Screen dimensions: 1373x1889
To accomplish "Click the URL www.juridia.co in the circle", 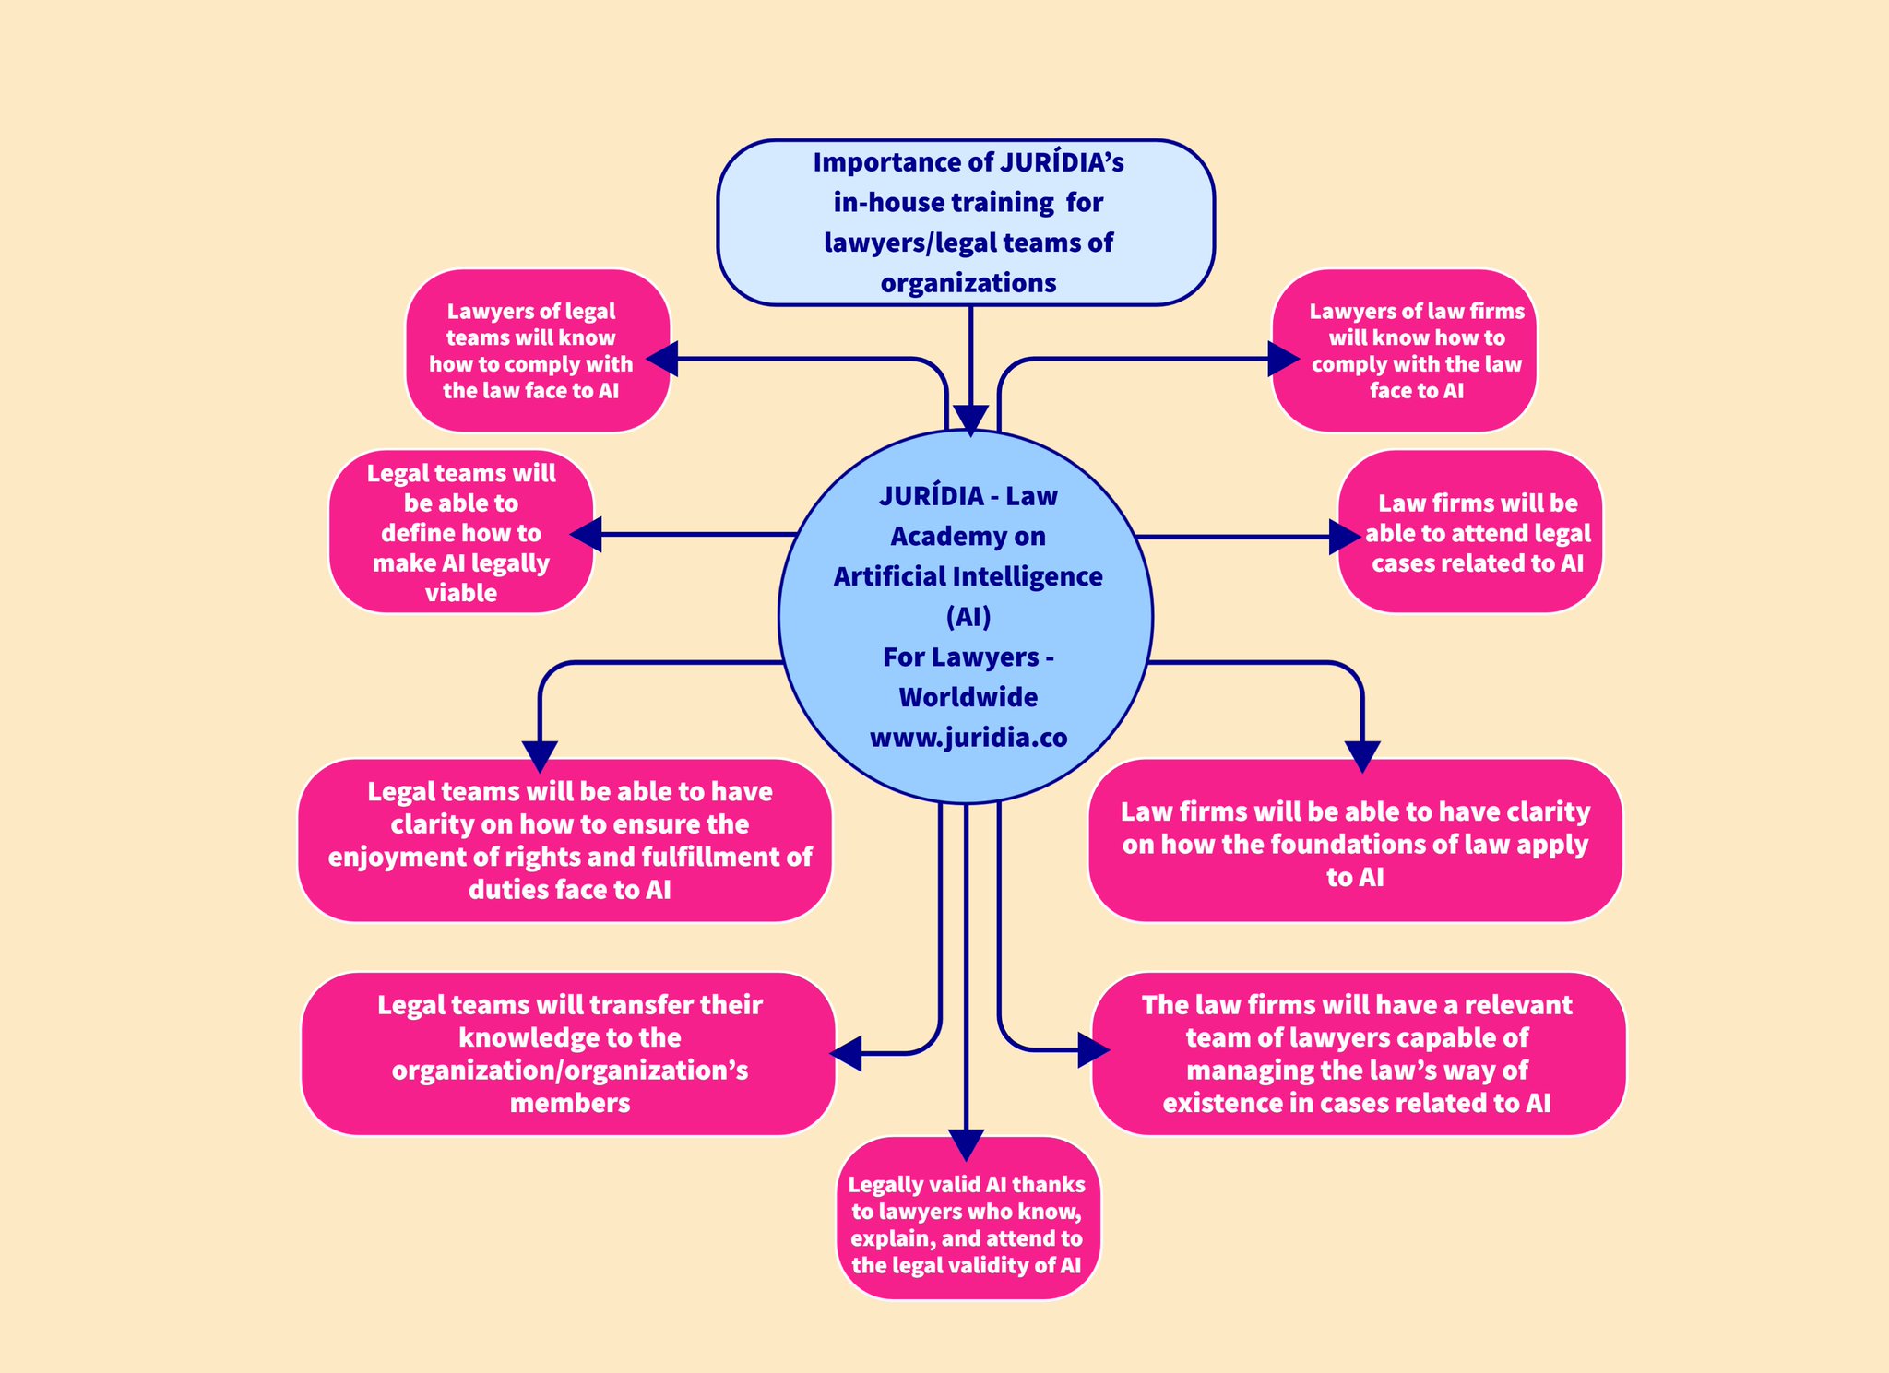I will (x=968, y=738).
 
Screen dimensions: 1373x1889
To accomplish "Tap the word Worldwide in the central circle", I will (x=968, y=697).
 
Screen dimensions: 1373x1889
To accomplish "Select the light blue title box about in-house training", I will (x=965, y=222).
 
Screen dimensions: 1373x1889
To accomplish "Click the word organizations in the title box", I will (x=968, y=283).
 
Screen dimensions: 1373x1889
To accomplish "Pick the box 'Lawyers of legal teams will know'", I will (x=538, y=350).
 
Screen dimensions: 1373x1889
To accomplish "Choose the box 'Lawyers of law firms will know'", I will (x=1404, y=350).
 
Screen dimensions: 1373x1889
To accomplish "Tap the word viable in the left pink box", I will (x=460, y=593).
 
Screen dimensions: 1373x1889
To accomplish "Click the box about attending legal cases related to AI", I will (x=1470, y=532).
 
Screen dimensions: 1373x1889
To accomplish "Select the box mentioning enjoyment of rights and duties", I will (x=564, y=840).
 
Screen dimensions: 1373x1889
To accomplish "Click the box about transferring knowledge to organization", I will (x=568, y=1053).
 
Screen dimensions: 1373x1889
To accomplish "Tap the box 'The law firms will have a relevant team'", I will (x=1358, y=1053).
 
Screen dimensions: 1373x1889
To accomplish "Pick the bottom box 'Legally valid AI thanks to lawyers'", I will (x=968, y=1219).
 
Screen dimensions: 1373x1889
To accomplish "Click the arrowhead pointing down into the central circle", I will (x=970, y=420).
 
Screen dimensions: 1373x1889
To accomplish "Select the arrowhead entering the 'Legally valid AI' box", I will (x=966, y=1144).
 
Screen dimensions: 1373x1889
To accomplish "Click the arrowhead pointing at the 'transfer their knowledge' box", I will (x=847, y=1053).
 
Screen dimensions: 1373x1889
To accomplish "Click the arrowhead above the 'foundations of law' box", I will (x=1362, y=756).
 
